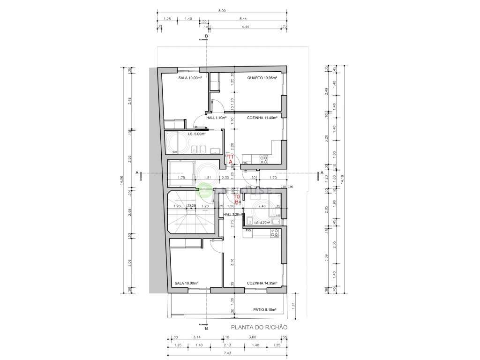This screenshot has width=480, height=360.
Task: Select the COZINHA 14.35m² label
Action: (x=262, y=283)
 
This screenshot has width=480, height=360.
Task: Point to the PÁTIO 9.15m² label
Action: (x=264, y=310)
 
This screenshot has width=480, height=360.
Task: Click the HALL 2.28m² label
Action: (x=232, y=214)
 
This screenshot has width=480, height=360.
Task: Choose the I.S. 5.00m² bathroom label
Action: (x=197, y=134)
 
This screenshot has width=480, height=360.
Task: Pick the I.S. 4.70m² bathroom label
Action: (x=262, y=223)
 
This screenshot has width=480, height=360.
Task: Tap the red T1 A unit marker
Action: (x=230, y=159)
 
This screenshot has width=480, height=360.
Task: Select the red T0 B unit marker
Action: (x=237, y=199)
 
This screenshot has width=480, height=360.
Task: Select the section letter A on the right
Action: (x=322, y=173)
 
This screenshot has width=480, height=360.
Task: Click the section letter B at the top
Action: (x=206, y=35)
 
